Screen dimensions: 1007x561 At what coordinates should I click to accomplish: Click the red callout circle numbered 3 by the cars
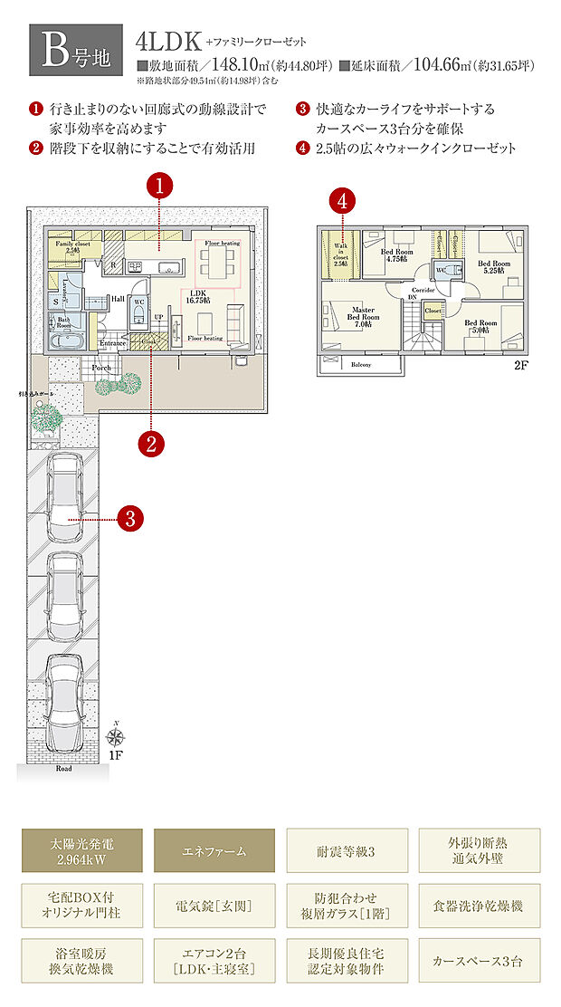[x=130, y=519]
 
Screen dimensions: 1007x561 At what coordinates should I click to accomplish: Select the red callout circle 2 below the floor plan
[x=150, y=444]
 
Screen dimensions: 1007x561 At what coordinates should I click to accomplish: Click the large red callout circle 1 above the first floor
[x=160, y=187]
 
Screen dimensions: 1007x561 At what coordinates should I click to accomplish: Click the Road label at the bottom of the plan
[x=62, y=768]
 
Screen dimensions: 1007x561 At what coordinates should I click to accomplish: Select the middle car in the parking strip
[x=63, y=597]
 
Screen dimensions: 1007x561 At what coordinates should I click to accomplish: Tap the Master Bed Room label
[x=362, y=313]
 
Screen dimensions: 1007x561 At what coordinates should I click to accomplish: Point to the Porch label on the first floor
[x=100, y=368]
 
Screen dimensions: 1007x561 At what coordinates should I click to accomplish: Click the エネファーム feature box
[x=214, y=850]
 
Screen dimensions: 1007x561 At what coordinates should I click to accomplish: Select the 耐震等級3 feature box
[x=347, y=850]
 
